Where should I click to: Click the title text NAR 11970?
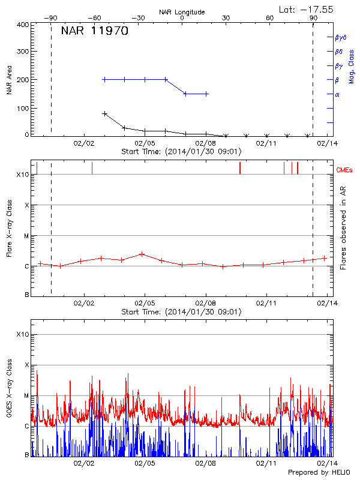pyautogui.click(x=95, y=32)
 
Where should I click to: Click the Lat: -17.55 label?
pyautogui.click(x=307, y=9)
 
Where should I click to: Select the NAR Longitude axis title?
pyautogui.click(x=182, y=11)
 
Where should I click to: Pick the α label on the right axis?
pyautogui.click(x=337, y=94)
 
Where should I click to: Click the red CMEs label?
pyautogui.click(x=346, y=170)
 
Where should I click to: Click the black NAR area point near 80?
pyautogui.click(x=105, y=113)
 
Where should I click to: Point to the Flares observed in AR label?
pyautogui.click(x=343, y=227)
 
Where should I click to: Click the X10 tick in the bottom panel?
pyautogui.click(x=23, y=334)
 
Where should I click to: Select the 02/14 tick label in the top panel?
pyautogui.click(x=327, y=143)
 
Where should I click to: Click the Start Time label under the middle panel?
pyautogui.click(x=181, y=312)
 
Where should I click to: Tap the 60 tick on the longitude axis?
pyautogui.click(x=270, y=19)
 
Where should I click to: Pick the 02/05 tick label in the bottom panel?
pyautogui.click(x=145, y=463)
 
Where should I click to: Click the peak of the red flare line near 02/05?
pyautogui.click(x=142, y=254)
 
